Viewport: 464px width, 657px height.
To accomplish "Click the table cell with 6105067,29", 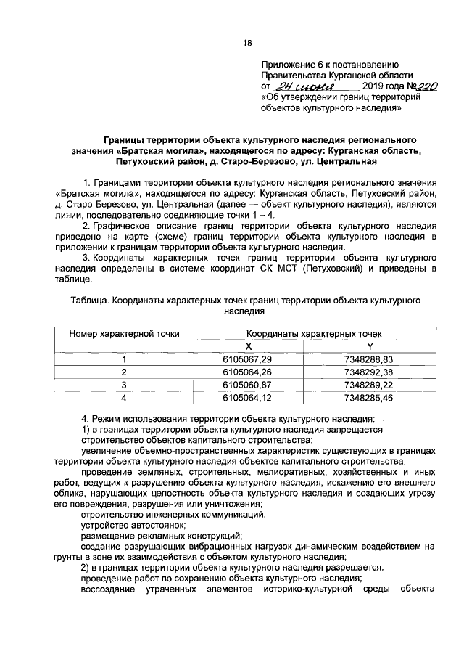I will pos(248,359).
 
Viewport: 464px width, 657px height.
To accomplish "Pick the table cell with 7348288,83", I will pos(369,359).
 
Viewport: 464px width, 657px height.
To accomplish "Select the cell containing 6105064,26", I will pos(248,372).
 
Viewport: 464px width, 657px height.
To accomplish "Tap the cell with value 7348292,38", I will pos(369,372).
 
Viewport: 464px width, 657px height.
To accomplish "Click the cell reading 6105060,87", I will pos(248,384).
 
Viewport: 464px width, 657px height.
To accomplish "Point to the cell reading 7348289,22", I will pos(369,384).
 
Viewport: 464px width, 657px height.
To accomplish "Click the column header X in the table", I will pos(248,346).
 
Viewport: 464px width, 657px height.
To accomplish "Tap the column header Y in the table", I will pos(369,346).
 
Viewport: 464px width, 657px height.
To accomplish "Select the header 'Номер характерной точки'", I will pos(124,334).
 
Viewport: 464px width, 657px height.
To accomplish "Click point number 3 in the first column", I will pos(124,384).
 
